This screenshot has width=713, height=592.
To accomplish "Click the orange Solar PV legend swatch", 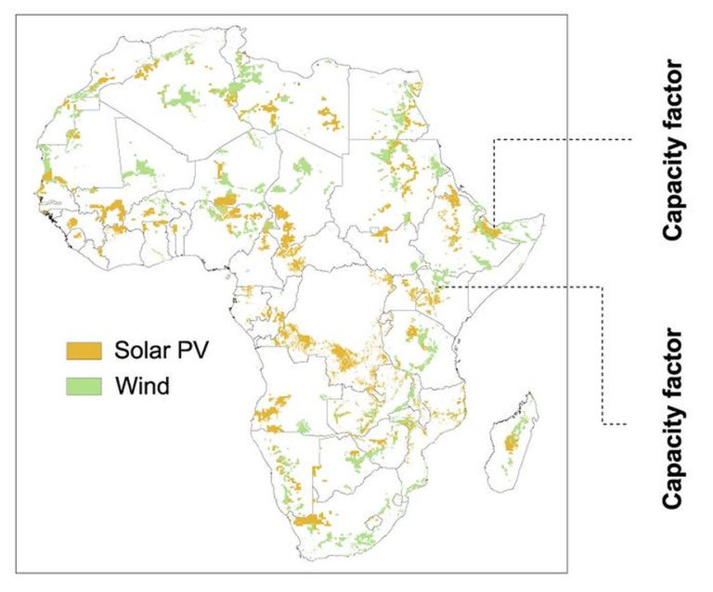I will pyautogui.click(x=84, y=351).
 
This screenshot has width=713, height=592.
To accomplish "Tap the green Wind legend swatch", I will pyautogui.click(x=84, y=383).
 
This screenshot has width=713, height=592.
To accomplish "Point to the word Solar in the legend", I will pyautogui.click(x=140, y=351).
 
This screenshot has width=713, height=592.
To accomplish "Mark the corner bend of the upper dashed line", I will pyautogui.click(x=493, y=139).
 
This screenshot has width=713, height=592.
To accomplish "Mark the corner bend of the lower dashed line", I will pyautogui.click(x=604, y=287).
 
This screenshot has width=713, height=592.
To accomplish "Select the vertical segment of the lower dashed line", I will pyautogui.click(x=604, y=353).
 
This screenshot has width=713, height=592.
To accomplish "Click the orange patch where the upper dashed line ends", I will pyautogui.click(x=489, y=225).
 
